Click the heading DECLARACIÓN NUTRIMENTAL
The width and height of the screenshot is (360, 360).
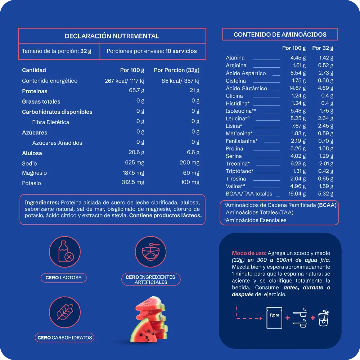pyautogui.click(x=112, y=36)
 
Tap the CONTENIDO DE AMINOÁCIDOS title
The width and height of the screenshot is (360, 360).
pyautogui.click(x=280, y=35)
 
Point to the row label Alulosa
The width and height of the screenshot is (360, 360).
pyautogui.click(x=32, y=153)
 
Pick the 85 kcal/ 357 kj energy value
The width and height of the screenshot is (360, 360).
pyautogui.click(x=181, y=81)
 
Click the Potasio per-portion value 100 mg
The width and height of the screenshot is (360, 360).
pyautogui.click(x=190, y=182)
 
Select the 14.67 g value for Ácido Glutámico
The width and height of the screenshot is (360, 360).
pyautogui.click(x=298, y=88)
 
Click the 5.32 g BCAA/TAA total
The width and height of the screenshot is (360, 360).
pyautogui.click(x=326, y=194)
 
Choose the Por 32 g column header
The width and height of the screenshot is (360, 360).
pyautogui.click(x=323, y=48)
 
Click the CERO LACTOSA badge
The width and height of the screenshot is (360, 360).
pyautogui.click(x=64, y=278)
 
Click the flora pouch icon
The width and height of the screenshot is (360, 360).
pyautogui.click(x=274, y=317)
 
